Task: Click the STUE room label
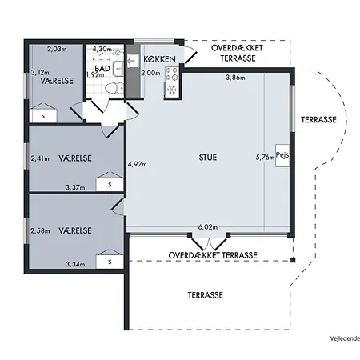208,158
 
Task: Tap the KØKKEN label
159,59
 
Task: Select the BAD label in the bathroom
102,69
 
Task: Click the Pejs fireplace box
282,156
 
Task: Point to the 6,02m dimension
208,227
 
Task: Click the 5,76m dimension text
265,158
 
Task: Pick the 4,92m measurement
137,164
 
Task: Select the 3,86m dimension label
235,78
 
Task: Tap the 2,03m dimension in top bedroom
57,49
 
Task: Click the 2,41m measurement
40,158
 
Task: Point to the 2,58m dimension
40,230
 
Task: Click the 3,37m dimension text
75,187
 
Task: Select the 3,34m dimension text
75,264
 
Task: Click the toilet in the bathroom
114,88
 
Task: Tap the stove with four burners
172,74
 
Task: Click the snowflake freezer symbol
172,90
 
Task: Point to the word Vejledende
345,338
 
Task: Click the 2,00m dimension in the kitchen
151,73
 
